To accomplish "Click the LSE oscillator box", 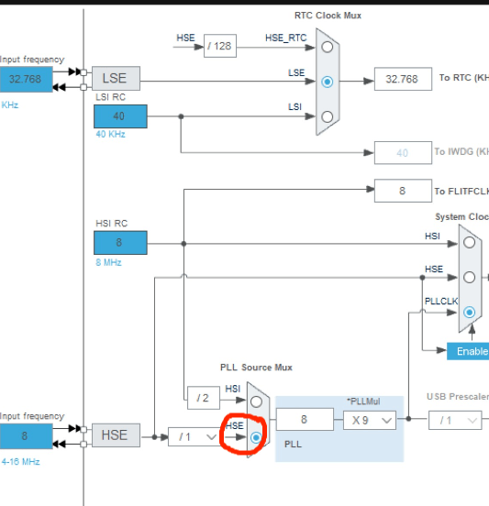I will point(115,79).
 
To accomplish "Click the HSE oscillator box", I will point(115,435).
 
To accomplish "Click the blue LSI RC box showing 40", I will point(119,115).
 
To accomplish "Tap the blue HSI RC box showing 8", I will point(119,242).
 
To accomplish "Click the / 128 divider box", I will point(219,45).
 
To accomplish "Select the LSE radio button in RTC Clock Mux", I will point(328,82).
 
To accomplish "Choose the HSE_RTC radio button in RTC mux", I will point(328,48).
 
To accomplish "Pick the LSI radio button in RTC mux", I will point(328,116).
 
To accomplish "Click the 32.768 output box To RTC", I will point(402,79).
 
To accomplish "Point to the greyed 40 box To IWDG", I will point(402,152).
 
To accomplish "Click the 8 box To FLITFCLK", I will point(402,191).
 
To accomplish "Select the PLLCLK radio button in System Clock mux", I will point(470,312).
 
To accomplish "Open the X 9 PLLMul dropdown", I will point(370,420).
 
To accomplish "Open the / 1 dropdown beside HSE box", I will point(194,437).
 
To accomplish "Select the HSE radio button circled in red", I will point(256,438).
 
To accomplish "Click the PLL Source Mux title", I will point(256,367).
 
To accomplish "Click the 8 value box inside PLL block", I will point(304,420).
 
